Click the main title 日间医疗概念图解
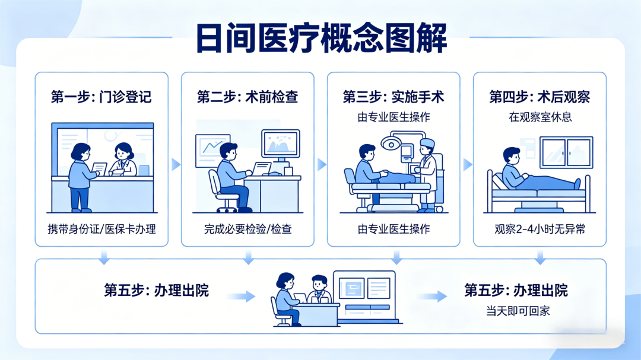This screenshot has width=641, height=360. [320, 39]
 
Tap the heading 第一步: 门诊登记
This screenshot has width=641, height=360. [101, 97]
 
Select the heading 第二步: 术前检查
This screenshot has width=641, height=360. [247, 97]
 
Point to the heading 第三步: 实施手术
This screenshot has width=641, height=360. [394, 97]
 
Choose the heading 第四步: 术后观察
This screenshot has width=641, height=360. [540, 97]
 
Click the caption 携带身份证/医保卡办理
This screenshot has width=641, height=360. [101, 229]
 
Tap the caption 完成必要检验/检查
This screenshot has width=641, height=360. [247, 229]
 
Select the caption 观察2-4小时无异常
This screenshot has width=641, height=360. [540, 229]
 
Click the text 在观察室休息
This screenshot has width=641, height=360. [540, 117]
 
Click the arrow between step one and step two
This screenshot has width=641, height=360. [175, 164]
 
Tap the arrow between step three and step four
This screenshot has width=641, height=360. [467, 164]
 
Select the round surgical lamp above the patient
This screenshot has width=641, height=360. [391, 144]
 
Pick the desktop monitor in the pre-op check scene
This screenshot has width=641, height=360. [281, 145]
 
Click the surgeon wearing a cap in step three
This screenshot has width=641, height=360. [427, 173]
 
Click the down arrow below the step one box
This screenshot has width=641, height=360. [104, 257]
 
